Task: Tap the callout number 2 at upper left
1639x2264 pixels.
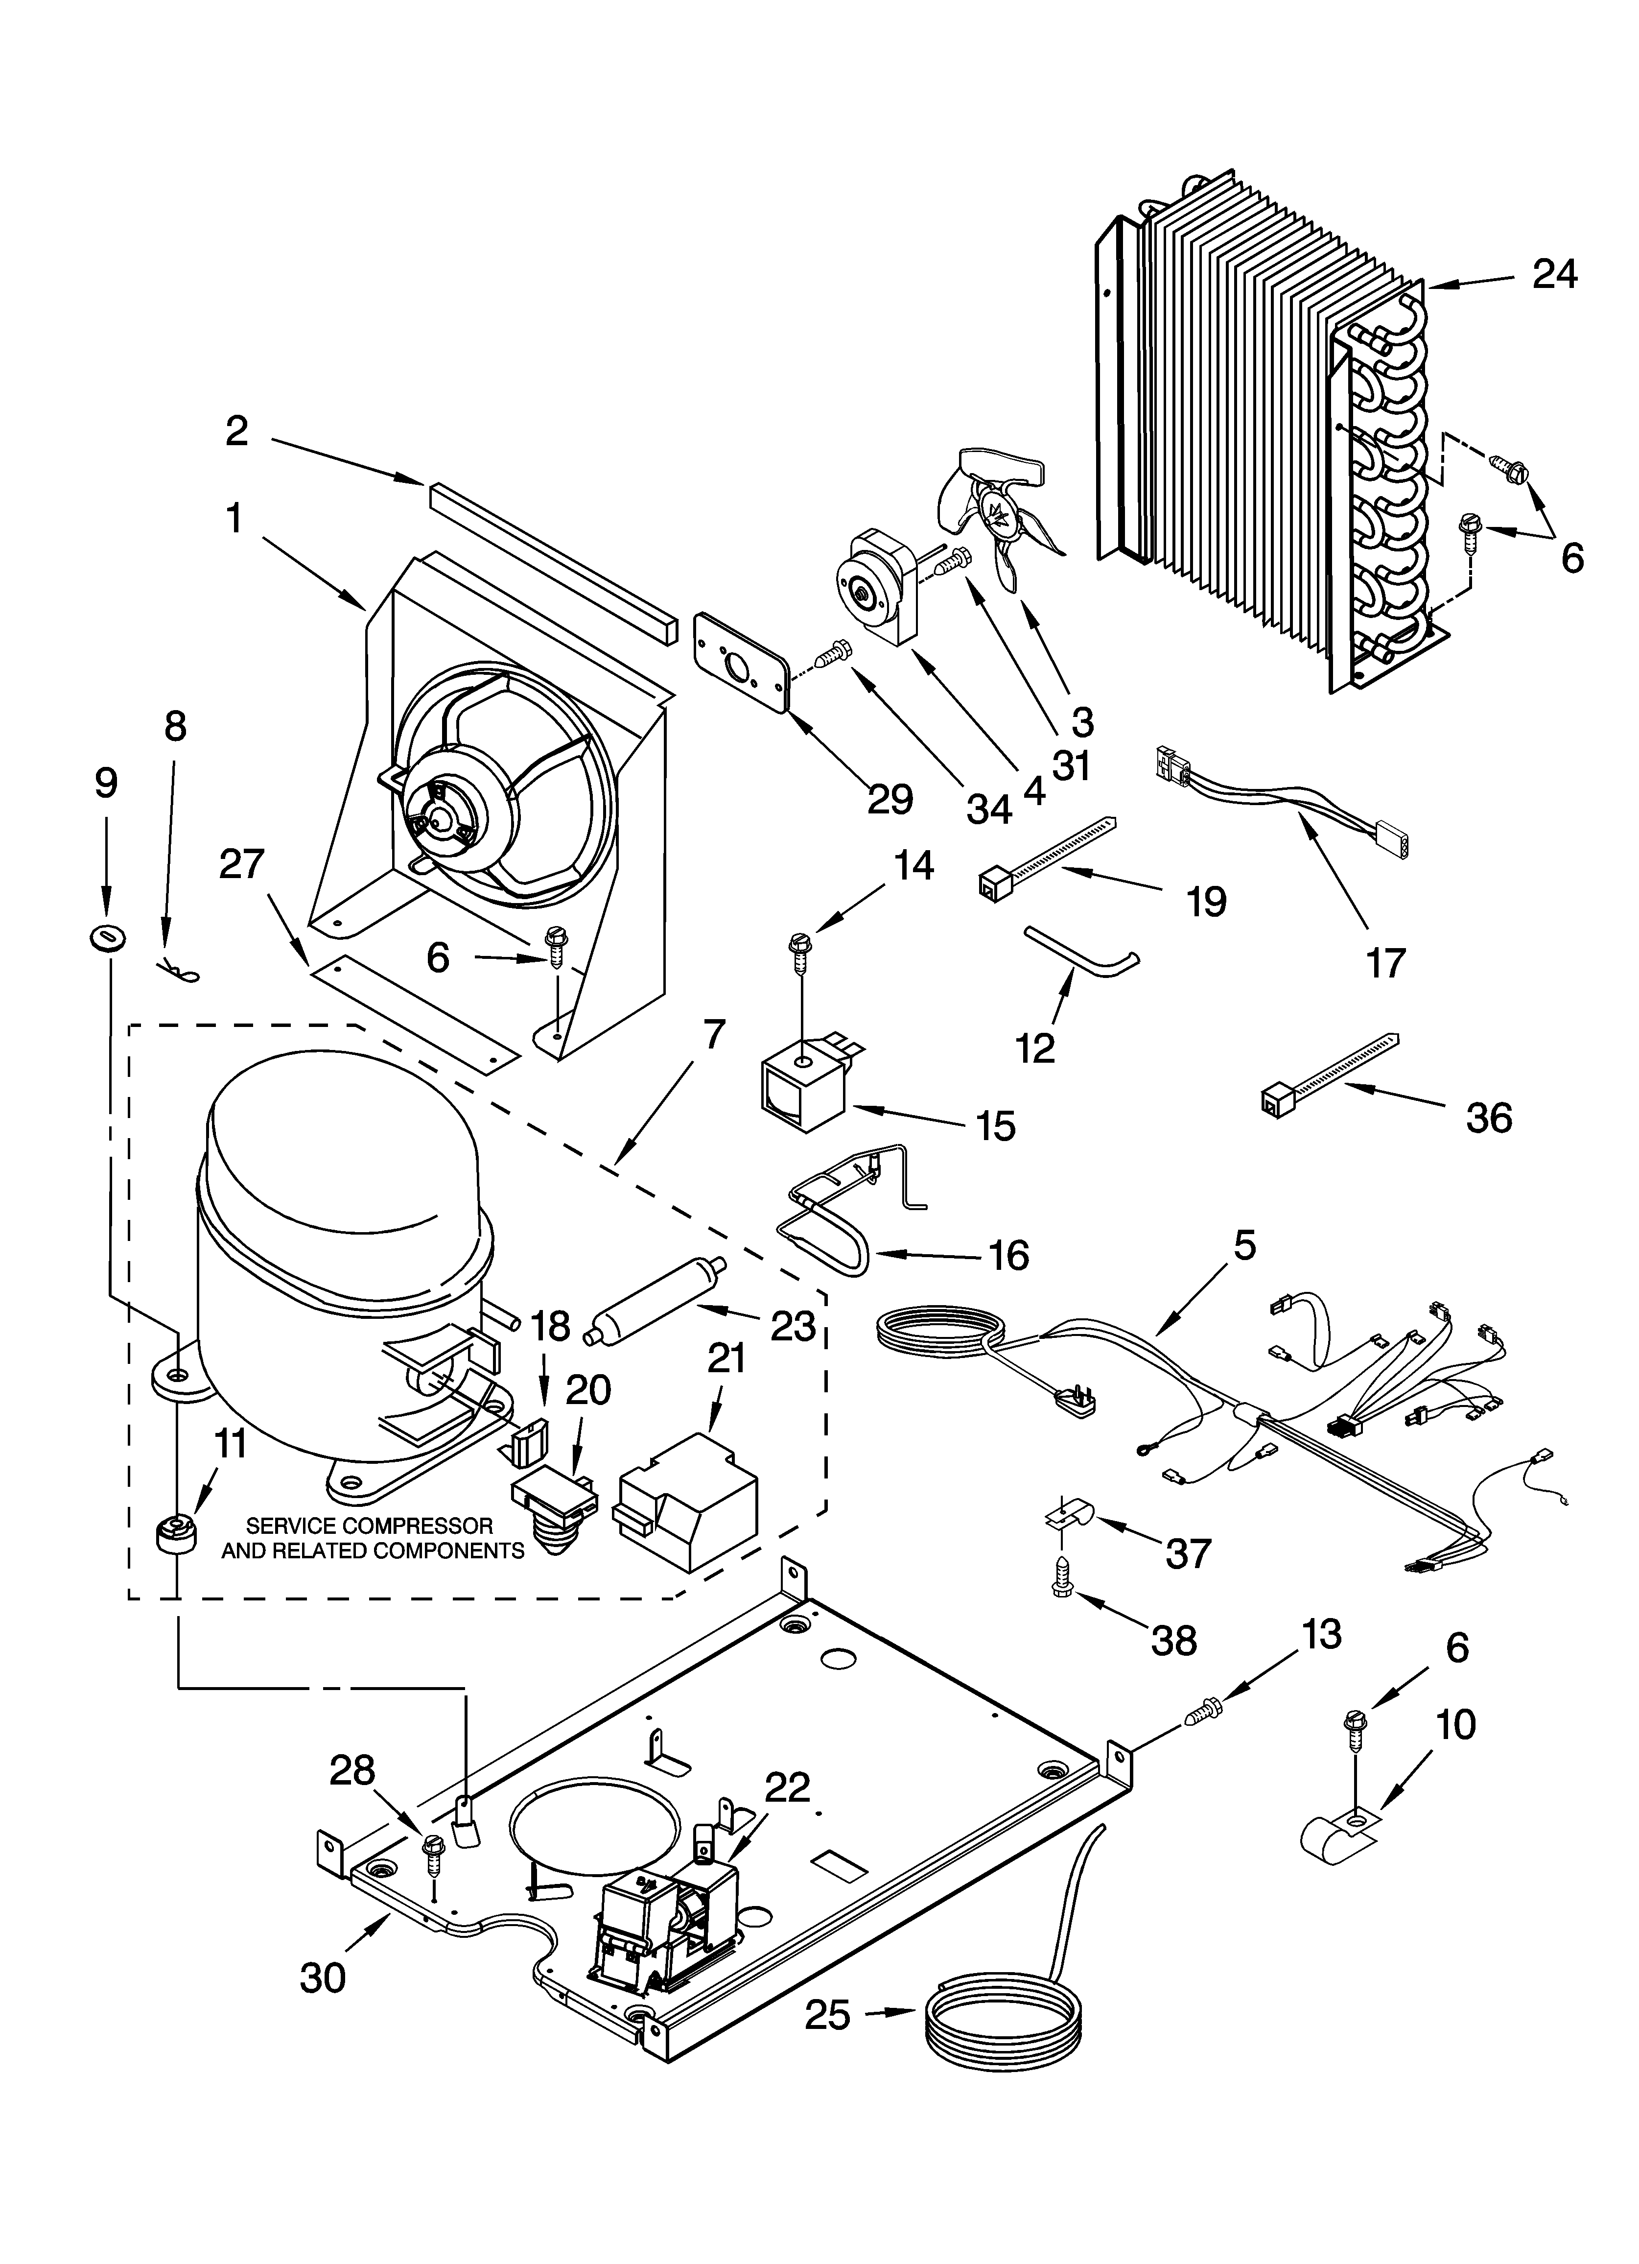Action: coord(236,431)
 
